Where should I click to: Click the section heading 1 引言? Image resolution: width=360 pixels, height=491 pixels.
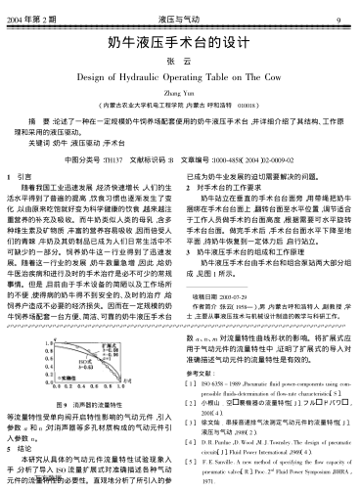[26, 176]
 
